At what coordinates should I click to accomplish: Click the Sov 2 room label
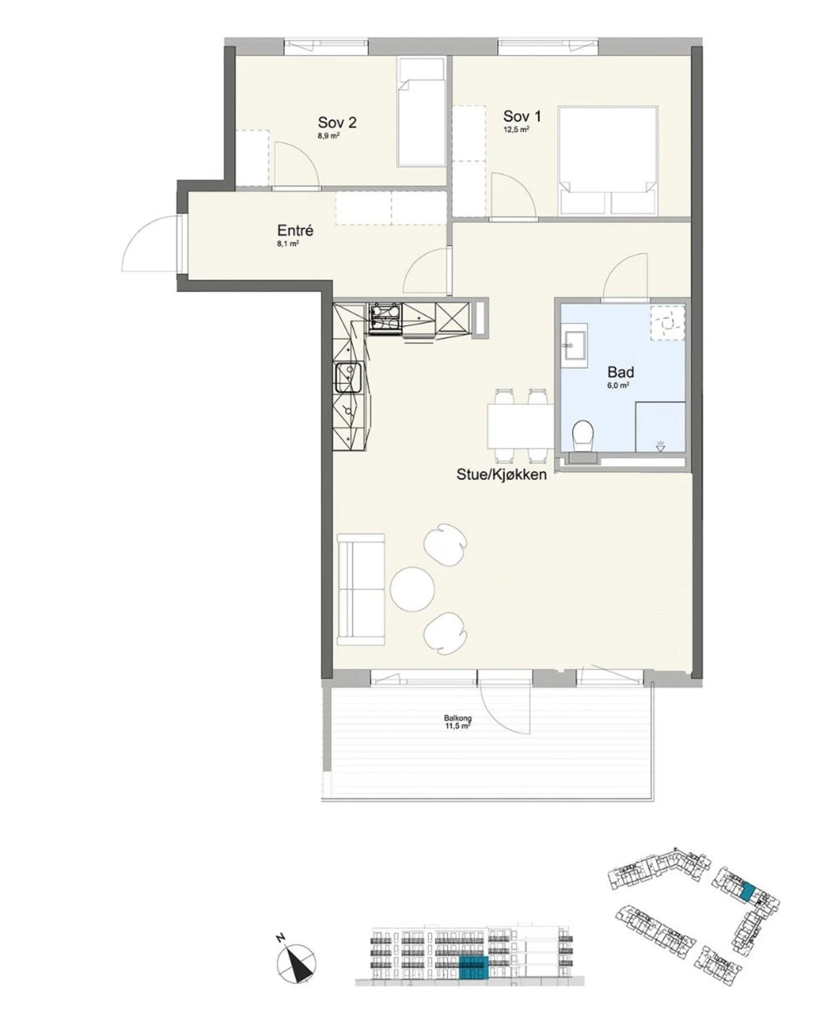pos(337,122)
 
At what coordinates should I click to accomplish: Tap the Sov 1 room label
pos(522,116)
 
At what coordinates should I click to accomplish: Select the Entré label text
pos(295,231)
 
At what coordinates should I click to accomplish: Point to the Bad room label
pos(620,372)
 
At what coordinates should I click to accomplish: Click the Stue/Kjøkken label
pos(502,475)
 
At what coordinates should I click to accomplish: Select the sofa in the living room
pos(361,589)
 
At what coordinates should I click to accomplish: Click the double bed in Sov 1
pos(608,161)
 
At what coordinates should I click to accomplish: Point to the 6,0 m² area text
pos(620,385)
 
